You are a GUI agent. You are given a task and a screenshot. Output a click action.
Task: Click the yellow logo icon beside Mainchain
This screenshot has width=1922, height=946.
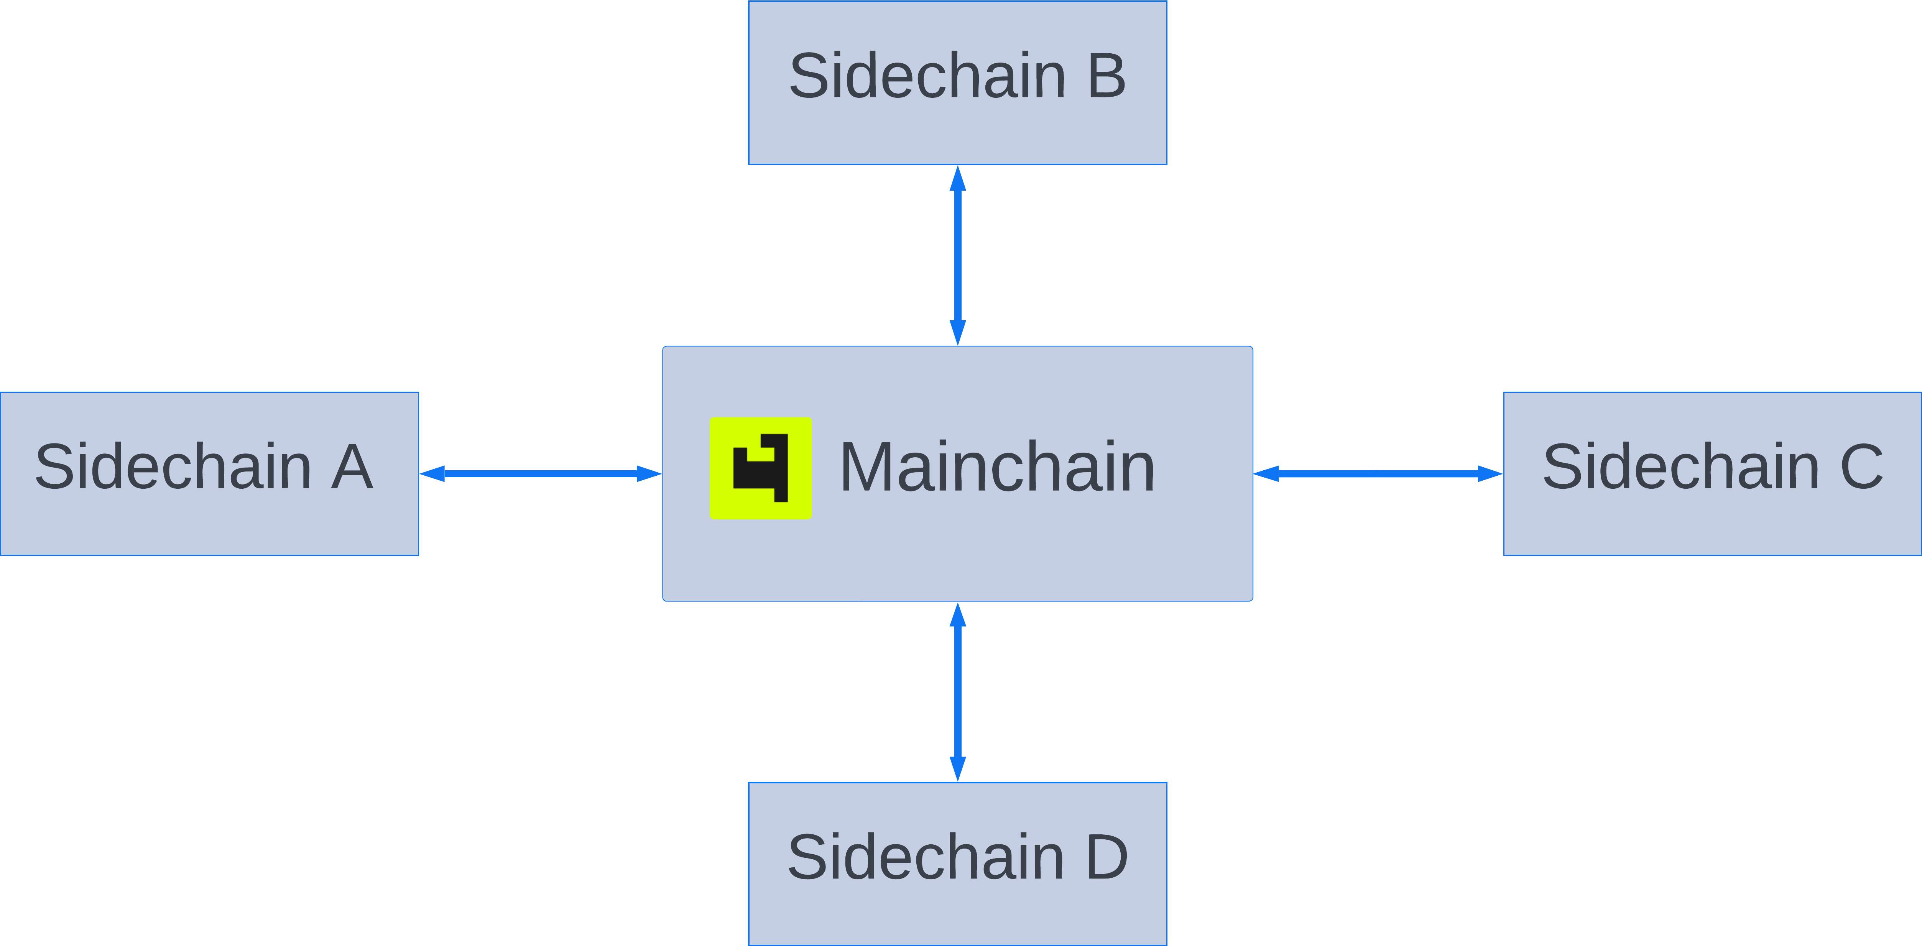point(760,468)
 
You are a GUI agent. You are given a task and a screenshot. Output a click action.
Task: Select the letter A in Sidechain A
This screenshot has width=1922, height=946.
point(352,467)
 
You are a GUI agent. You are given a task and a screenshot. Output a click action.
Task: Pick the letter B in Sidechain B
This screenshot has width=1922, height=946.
point(1107,76)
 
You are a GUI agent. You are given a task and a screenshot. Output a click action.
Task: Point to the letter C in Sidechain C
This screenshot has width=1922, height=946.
point(1861,467)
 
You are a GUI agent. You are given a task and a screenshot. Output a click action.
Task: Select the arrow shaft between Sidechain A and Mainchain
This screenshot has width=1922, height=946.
point(540,473)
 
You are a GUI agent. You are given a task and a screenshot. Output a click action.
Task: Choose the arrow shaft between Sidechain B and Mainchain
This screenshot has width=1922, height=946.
point(958,255)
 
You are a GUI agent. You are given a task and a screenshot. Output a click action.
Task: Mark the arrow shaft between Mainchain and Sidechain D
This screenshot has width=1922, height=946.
point(958,692)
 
